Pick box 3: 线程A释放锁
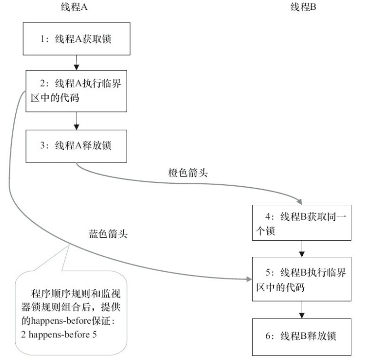point(76,146)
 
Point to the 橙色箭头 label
point(187,173)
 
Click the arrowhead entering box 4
point(297,201)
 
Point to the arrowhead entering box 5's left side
point(247,279)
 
